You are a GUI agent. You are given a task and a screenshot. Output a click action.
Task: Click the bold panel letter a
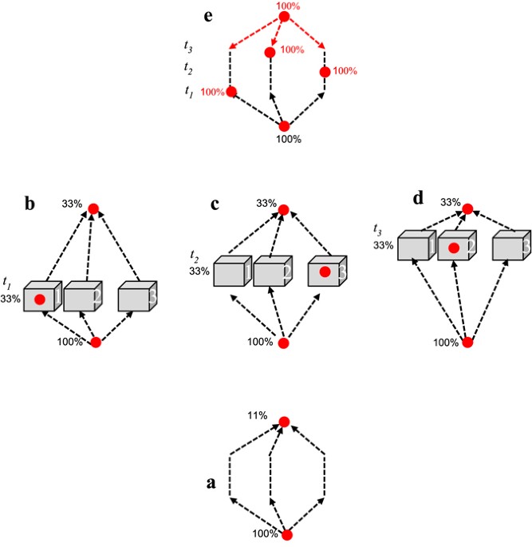pos(211,483)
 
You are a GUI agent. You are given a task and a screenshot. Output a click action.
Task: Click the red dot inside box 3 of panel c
pos(325,272)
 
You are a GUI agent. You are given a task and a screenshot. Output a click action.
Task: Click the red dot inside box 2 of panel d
pos(453,248)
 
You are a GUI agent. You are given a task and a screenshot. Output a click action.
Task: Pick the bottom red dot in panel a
pos(286,535)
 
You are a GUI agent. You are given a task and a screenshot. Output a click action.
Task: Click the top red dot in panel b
pos(93,208)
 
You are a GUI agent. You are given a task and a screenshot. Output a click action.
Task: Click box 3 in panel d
pos(510,248)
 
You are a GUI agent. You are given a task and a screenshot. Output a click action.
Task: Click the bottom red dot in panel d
pos(468,343)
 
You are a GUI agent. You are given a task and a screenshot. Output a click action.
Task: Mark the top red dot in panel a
pos(284,422)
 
